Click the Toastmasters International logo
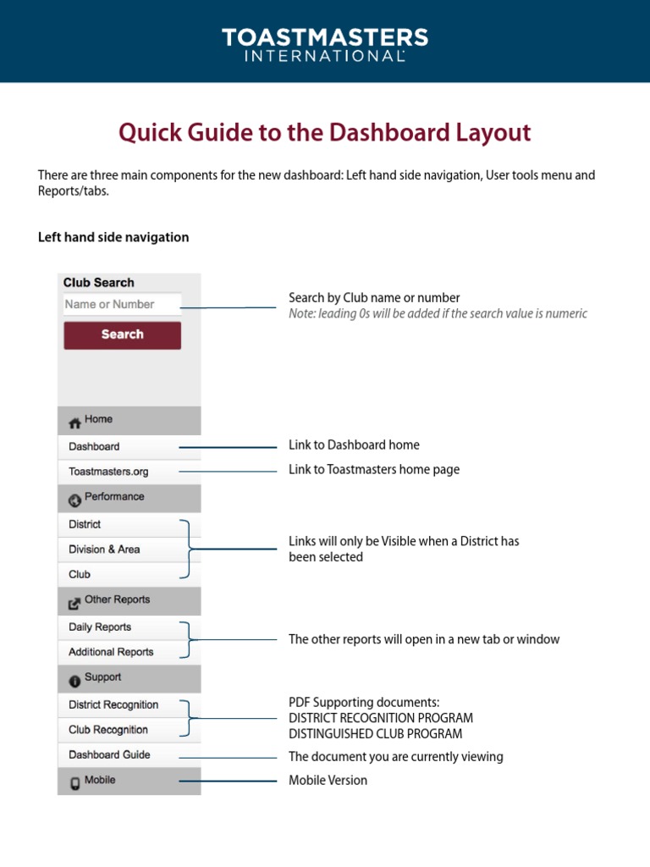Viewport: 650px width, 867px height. click(x=325, y=44)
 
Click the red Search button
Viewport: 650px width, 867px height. click(x=122, y=334)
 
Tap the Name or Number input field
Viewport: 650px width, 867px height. click(x=122, y=305)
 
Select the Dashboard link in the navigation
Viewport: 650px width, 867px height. click(x=94, y=446)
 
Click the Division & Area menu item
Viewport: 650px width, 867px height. click(x=104, y=549)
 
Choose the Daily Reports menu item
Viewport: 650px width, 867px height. click(x=100, y=627)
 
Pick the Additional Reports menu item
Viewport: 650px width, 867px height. click(x=111, y=652)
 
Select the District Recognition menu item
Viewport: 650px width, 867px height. click(x=113, y=704)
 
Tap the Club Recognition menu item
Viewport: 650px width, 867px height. click(x=108, y=730)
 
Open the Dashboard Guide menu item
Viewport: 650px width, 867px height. click(x=109, y=754)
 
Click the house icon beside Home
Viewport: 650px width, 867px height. click(x=74, y=422)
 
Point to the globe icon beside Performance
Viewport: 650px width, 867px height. click(x=74, y=499)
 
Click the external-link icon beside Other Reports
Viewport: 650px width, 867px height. click(x=74, y=602)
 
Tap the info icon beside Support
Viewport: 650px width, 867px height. click(x=74, y=680)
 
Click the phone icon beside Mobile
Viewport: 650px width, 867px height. click(x=74, y=782)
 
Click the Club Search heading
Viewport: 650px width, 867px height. click(x=98, y=283)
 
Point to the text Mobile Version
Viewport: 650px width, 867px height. click(x=328, y=781)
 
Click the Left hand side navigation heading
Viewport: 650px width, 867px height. click(x=113, y=237)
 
